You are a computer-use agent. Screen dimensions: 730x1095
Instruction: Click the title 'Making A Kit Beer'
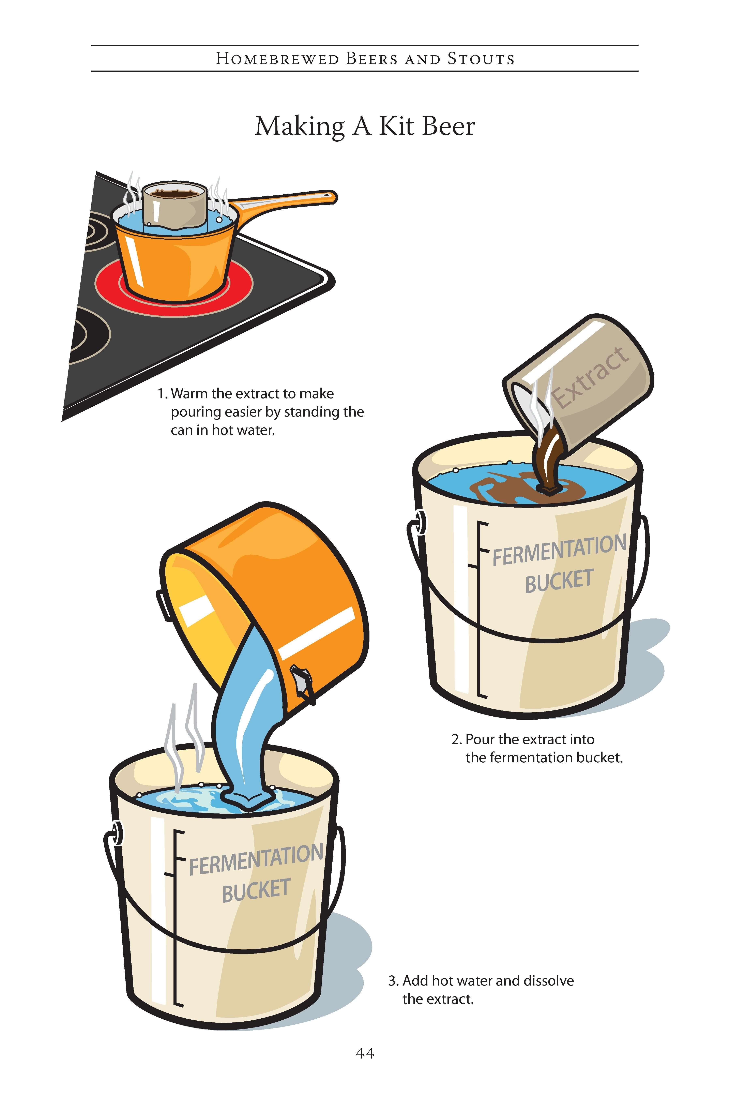365,126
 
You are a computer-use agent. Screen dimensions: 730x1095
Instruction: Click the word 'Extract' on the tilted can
590,377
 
